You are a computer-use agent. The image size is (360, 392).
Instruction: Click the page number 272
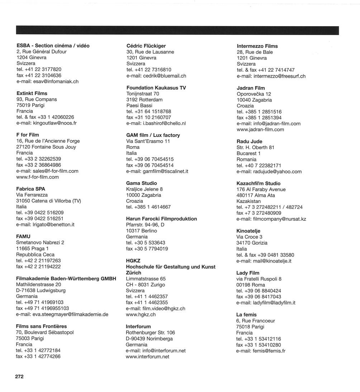click(x=19, y=376)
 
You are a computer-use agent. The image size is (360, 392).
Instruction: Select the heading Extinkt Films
click(x=32, y=93)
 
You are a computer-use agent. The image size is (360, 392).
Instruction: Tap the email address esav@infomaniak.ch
click(x=47, y=81)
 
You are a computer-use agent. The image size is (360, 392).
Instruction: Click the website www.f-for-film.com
click(x=38, y=177)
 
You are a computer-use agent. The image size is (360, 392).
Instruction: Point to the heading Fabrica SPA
click(x=31, y=189)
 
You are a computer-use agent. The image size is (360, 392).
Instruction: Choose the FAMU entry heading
click(x=23, y=236)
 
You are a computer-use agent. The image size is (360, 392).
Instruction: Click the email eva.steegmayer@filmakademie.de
click(x=62, y=314)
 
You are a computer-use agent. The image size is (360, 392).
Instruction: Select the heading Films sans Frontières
click(x=42, y=326)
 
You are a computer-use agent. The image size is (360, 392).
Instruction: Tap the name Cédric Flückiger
click(x=146, y=46)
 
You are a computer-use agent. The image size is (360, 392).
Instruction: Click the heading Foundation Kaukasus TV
click(x=156, y=88)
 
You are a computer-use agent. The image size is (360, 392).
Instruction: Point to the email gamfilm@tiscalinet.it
click(x=157, y=171)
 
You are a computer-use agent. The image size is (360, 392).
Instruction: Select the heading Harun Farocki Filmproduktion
click(x=161, y=219)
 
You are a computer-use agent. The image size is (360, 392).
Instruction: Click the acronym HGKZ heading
click(x=133, y=261)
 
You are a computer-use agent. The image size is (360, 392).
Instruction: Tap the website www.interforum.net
click(x=147, y=356)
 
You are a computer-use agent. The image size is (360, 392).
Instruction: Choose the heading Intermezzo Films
click(x=257, y=46)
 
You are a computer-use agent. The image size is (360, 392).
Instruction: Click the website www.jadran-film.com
click(x=260, y=129)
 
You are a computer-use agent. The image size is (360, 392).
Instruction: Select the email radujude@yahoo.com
click(x=269, y=171)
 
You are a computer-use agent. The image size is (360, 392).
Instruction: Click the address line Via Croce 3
click(x=250, y=237)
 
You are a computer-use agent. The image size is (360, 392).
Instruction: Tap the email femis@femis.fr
click(x=261, y=351)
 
